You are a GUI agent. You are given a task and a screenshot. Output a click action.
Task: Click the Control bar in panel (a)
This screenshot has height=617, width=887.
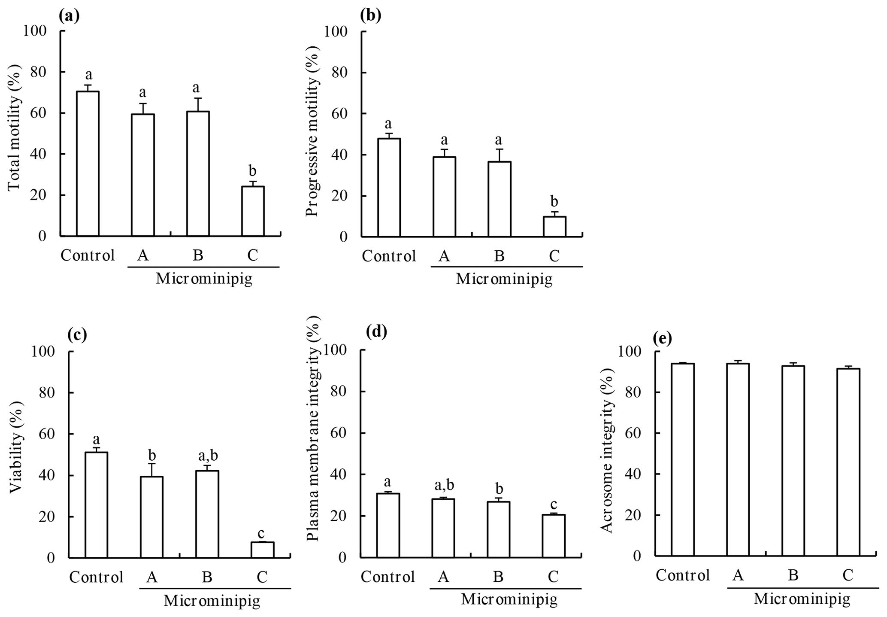pos(88,164)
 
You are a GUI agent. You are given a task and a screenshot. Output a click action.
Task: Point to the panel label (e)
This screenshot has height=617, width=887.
pos(662,339)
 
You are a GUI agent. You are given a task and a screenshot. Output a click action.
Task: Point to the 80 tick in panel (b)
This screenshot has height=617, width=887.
pos(340,72)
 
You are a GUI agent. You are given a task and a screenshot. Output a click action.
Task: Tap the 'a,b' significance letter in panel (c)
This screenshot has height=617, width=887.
pos(207,456)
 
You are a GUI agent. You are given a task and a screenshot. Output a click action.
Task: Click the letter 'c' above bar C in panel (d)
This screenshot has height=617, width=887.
pos(554,504)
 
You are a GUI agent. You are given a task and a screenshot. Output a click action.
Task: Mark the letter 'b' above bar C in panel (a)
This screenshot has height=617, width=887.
pos(253,171)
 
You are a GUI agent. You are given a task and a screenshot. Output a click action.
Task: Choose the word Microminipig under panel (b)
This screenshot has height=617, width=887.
pos(504,280)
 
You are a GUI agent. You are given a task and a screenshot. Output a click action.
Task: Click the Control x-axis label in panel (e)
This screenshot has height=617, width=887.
pos(683,575)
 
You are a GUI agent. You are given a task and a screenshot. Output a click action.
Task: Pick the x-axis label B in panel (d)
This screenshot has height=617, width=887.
pos(498,577)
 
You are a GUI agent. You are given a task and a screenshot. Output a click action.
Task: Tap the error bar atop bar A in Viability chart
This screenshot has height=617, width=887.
pos(152,469)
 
